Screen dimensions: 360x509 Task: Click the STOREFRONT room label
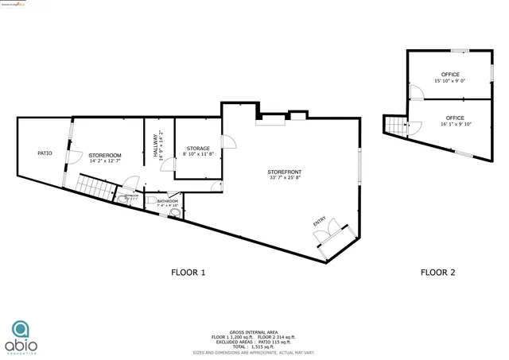[x=284, y=172]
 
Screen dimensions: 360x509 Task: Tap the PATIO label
[x=45, y=153]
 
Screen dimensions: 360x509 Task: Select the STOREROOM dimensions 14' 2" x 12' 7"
[x=105, y=161]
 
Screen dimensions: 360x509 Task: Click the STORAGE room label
[x=198, y=149]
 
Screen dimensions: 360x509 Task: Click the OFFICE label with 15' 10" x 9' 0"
[x=450, y=75]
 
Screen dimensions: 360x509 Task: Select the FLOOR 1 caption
[x=188, y=273]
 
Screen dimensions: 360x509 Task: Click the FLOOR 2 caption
[x=437, y=273]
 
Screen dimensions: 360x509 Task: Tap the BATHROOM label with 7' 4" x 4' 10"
[x=167, y=202]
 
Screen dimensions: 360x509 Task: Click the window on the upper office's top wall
[x=459, y=51]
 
